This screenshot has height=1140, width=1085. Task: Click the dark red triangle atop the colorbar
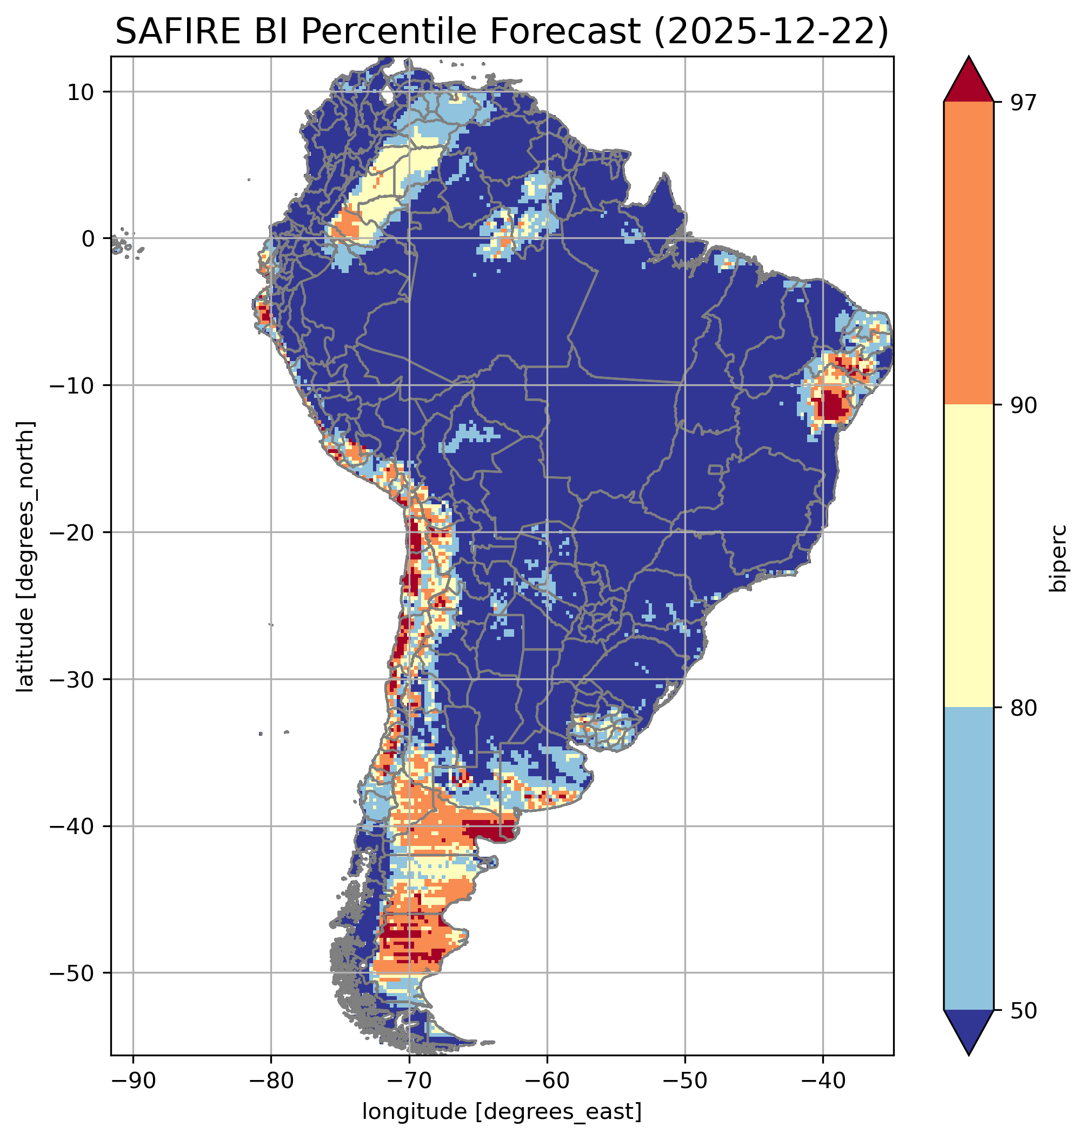pos(968,81)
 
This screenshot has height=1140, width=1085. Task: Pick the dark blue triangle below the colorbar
pos(968,1031)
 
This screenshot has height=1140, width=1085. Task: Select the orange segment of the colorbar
pos(968,254)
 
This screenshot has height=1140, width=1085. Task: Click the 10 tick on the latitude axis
pos(81,92)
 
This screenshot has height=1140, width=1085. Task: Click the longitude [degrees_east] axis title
pos(502,1111)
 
